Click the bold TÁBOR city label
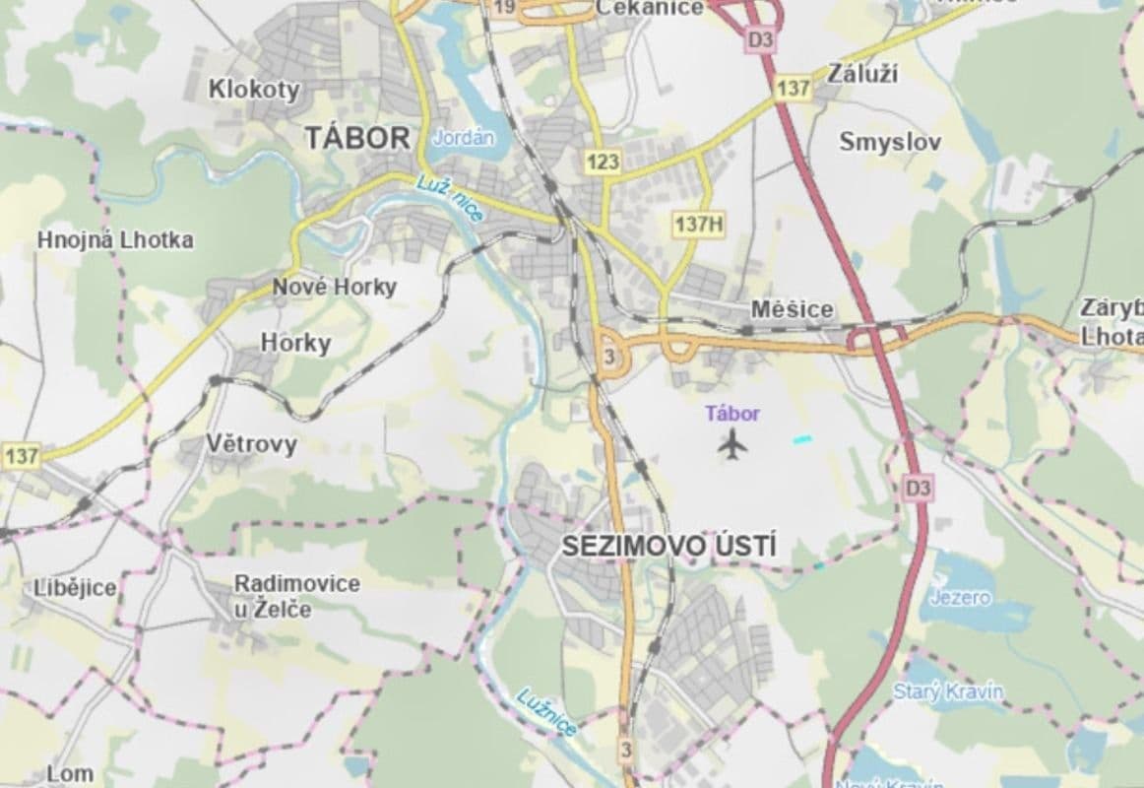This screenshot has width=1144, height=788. pyautogui.click(x=357, y=138)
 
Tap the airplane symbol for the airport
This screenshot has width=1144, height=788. pyautogui.click(x=731, y=444)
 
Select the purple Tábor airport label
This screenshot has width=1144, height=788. pyautogui.click(x=732, y=414)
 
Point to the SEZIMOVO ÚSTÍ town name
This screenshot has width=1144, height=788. pyautogui.click(x=668, y=548)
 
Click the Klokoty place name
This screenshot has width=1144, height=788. pyautogui.click(x=254, y=90)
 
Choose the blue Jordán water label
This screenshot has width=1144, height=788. pyautogui.click(x=463, y=138)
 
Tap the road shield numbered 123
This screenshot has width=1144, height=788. pyautogui.click(x=602, y=162)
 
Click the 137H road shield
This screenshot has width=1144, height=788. pyautogui.click(x=699, y=224)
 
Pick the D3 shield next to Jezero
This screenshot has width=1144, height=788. pyautogui.click(x=918, y=486)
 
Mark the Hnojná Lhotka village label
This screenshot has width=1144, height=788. pyautogui.click(x=115, y=239)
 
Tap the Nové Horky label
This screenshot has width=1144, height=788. pyautogui.click(x=334, y=287)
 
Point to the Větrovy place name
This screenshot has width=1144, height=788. pyautogui.click(x=251, y=444)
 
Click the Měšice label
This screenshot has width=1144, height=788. pyautogui.click(x=792, y=309)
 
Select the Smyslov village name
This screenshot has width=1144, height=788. pyautogui.click(x=890, y=142)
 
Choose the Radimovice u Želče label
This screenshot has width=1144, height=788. pyautogui.click(x=296, y=596)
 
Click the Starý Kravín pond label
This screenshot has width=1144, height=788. pyautogui.click(x=948, y=691)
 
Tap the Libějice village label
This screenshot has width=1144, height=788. pyautogui.click(x=75, y=588)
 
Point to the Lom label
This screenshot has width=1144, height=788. pyautogui.click(x=70, y=773)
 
